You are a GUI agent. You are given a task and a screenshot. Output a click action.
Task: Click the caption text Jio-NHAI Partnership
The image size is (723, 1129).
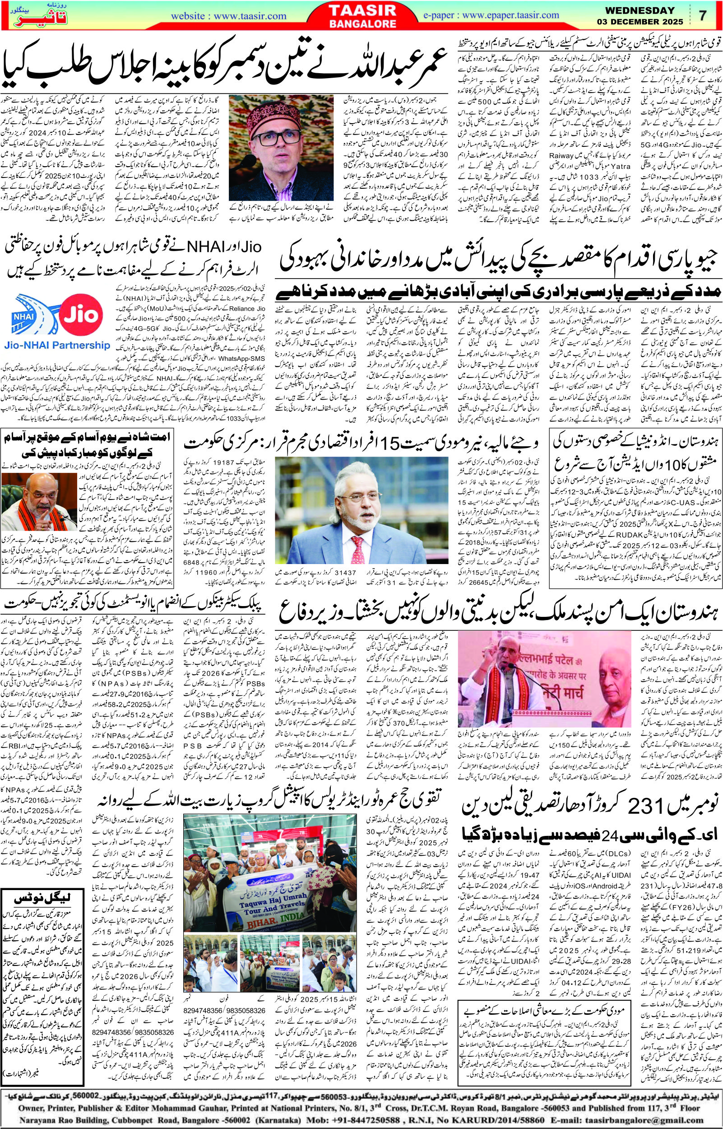point(56,345)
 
